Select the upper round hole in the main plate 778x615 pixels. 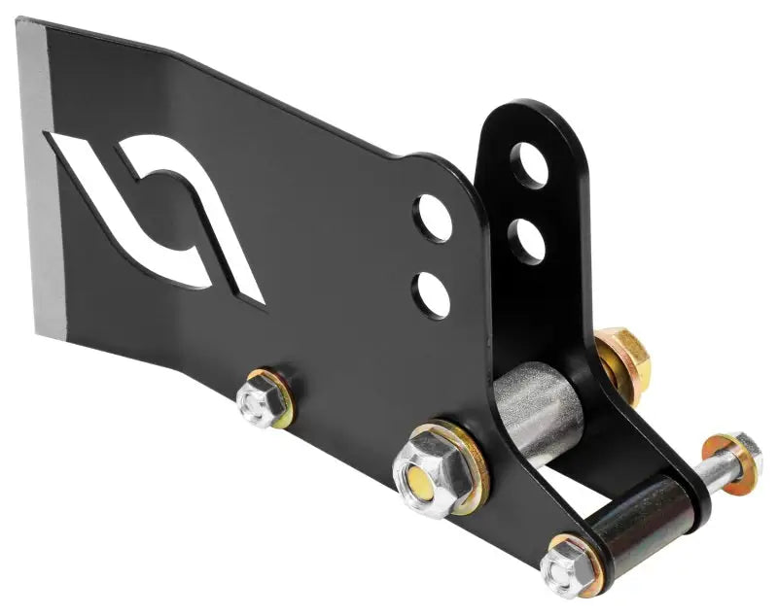(433, 218)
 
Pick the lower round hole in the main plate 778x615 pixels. (432, 294)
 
